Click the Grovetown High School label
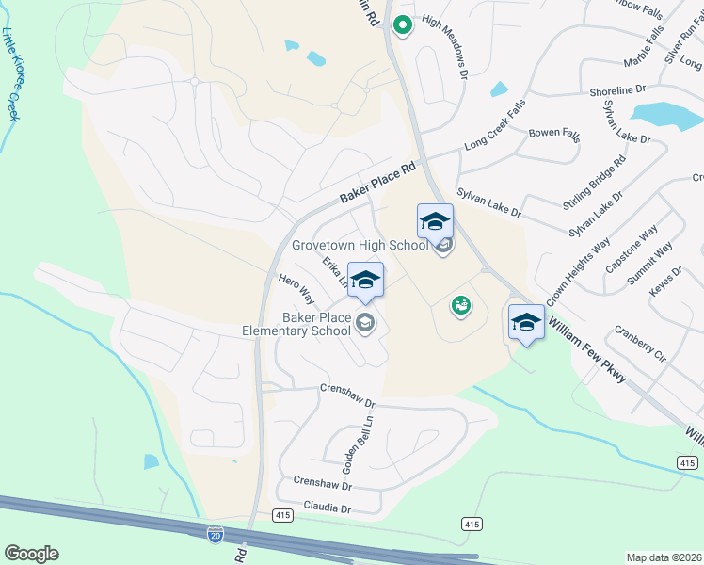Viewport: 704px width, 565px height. pyautogui.click(x=360, y=245)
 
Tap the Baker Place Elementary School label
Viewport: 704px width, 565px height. pyautogui.click(x=296, y=325)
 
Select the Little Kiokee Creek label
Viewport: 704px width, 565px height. pyautogui.click(x=13, y=80)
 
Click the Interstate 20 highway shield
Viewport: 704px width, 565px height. pyautogui.click(x=216, y=535)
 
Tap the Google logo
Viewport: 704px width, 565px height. pyautogui.click(x=31, y=554)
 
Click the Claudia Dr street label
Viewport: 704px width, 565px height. pyautogui.click(x=327, y=508)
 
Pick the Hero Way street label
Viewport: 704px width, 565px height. pyautogui.click(x=296, y=289)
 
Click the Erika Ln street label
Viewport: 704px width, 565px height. pyautogui.click(x=334, y=270)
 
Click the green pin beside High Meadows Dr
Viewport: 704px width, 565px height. pyautogui.click(x=402, y=25)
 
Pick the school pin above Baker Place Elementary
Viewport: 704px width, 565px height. pyautogui.click(x=365, y=280)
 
